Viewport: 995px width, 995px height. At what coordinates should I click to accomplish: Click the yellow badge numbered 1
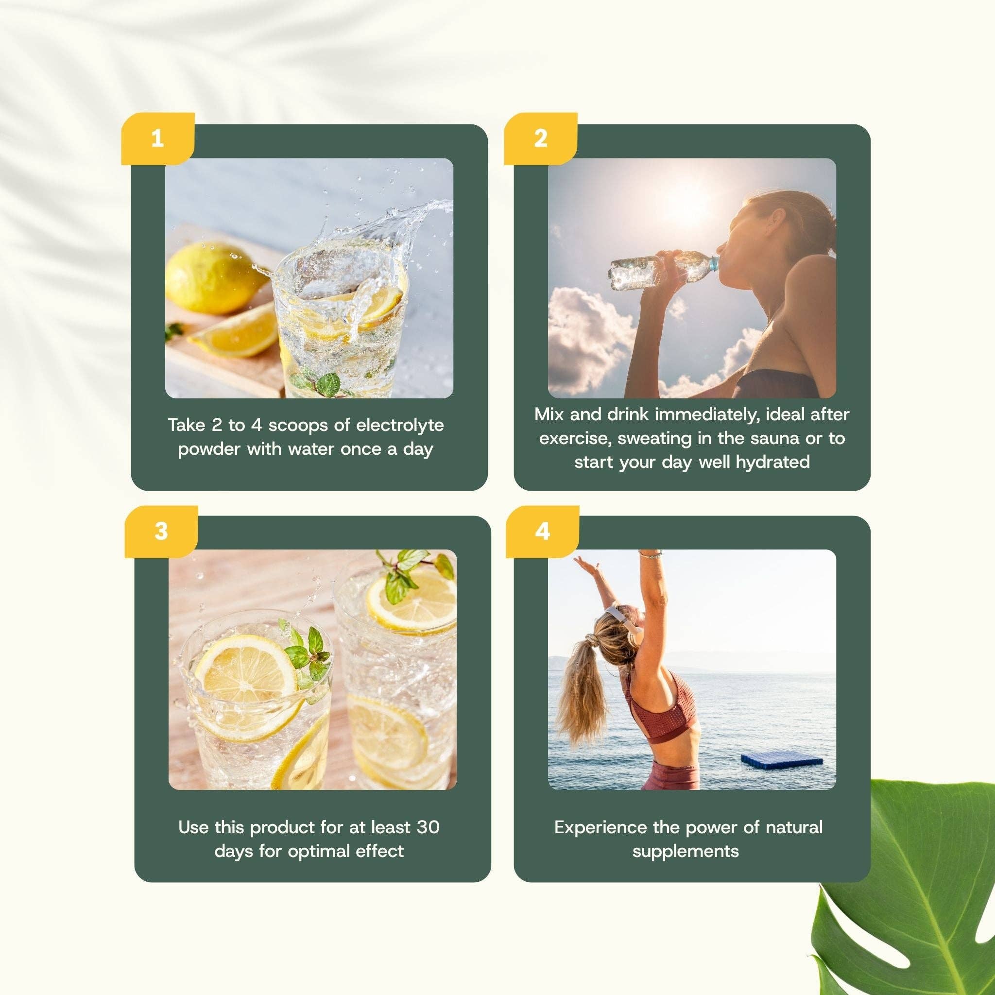tap(157, 138)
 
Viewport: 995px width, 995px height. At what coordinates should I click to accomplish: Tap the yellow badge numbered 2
tap(540, 138)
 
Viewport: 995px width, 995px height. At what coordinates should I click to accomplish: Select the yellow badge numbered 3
tap(161, 532)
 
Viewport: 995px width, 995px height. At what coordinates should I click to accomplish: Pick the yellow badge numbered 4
tap(542, 532)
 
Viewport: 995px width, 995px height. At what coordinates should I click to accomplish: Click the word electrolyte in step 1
tap(400, 426)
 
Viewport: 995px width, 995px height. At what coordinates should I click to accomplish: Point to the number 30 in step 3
tap(428, 827)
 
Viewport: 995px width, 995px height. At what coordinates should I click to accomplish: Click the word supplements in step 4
tap(686, 852)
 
